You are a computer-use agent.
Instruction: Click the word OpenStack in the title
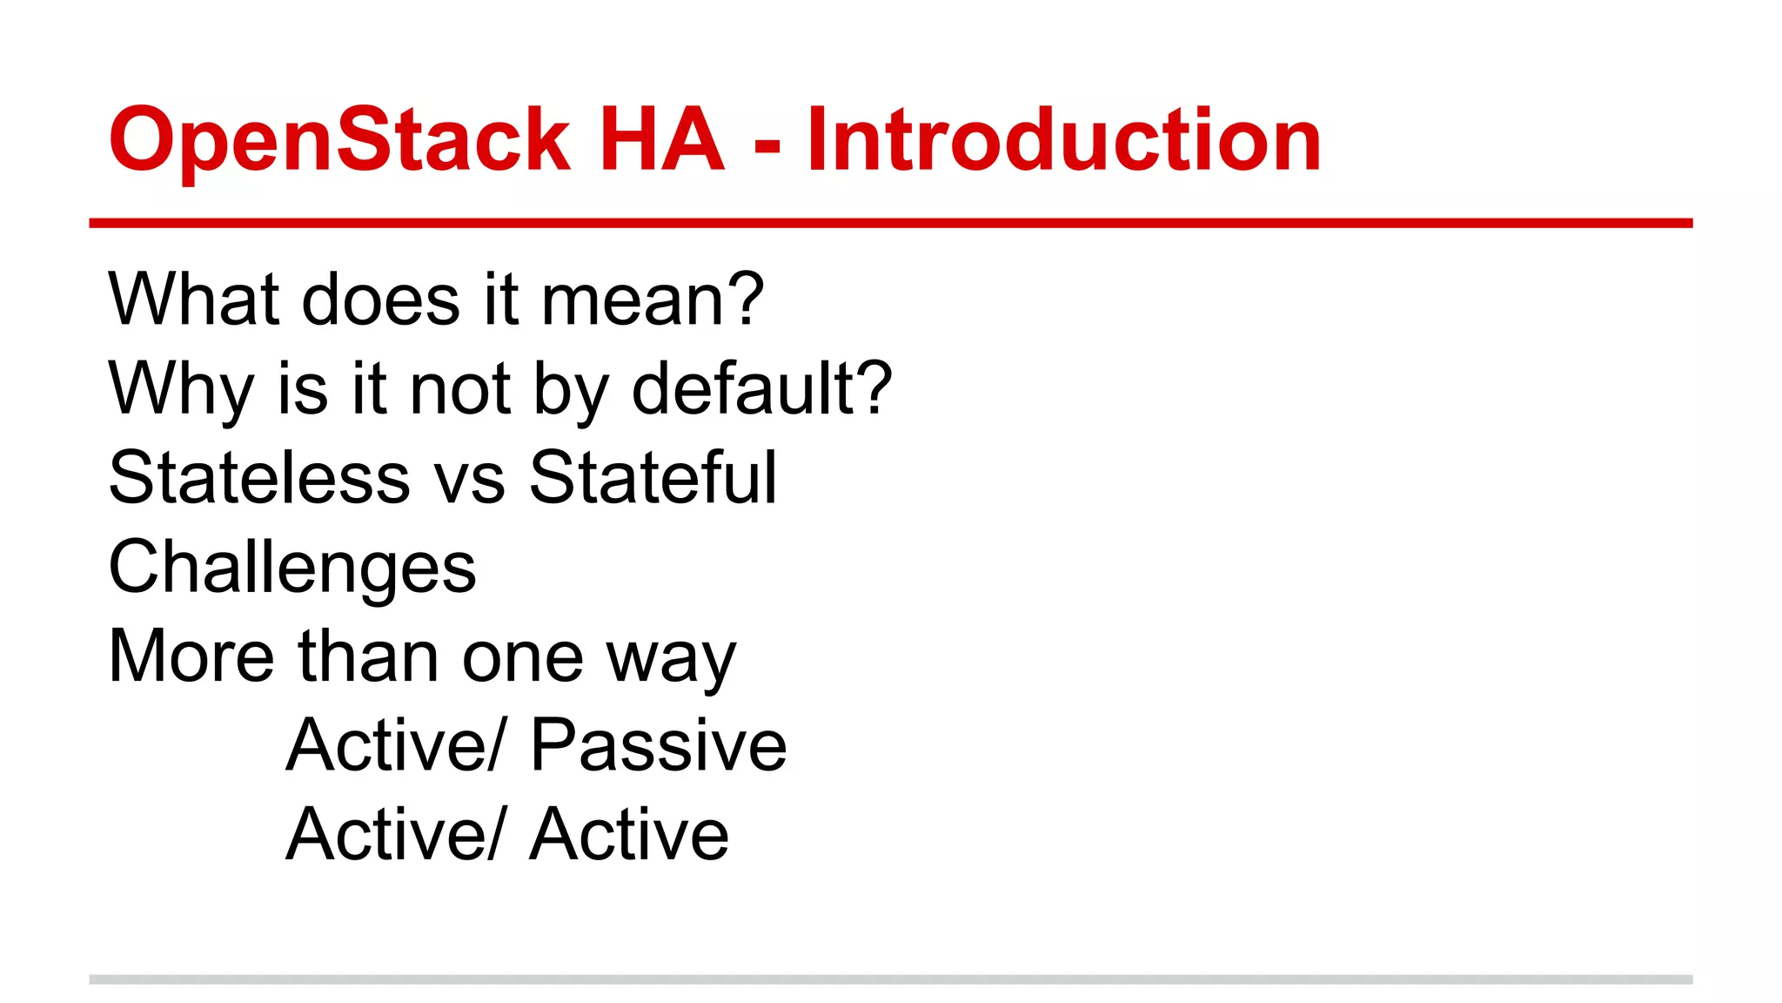[339, 139]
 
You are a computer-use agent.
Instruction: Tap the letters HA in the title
[661, 139]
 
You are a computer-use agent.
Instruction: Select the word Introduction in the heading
[1063, 139]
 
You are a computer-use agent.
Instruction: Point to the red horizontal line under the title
[891, 223]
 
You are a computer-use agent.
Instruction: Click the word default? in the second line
[761, 388]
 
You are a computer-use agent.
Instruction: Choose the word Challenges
[292, 568]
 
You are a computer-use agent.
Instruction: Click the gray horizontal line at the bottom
[891, 979]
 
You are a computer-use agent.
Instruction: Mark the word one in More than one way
[522, 659]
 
